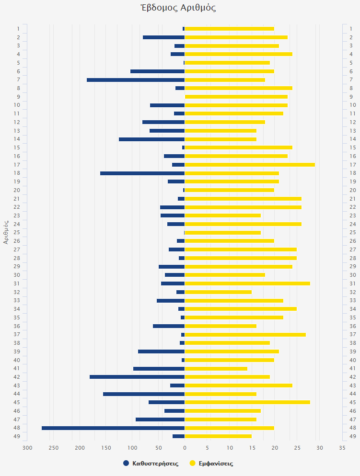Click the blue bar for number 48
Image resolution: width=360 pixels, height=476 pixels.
click(113, 428)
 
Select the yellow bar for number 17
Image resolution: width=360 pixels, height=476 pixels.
click(250, 165)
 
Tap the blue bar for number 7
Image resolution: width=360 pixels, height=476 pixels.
click(136, 80)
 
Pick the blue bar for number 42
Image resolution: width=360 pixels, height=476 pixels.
click(137, 377)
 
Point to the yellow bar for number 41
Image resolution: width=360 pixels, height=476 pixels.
click(216, 368)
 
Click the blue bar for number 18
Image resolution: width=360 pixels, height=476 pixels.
click(142, 173)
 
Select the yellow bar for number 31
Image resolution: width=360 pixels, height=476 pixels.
click(247, 283)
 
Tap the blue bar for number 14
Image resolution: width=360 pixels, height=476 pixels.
click(151, 139)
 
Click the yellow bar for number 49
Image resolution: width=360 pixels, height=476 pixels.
click(218, 436)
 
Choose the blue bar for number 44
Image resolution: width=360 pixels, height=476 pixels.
click(144, 394)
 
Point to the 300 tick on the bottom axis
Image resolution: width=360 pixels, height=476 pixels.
click(27, 448)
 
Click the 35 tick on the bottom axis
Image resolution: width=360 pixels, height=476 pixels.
click(342, 448)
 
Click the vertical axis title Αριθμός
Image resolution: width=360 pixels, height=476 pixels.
click(6, 232)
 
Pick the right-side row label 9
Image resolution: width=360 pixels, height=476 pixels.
click(351, 97)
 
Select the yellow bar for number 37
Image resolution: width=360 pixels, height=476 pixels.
click(245, 335)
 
